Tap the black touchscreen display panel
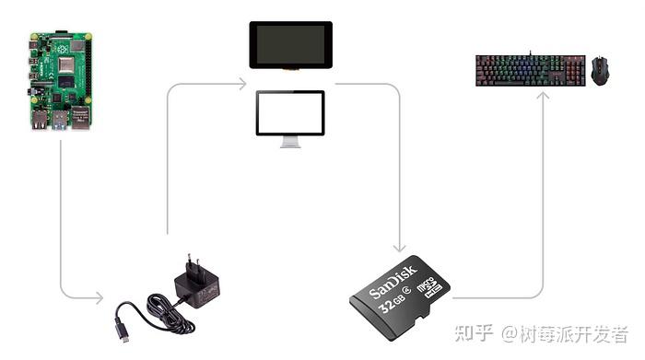(x=290, y=44)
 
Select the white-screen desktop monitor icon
(x=290, y=113)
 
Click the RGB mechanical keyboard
(x=530, y=70)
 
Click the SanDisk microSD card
(x=401, y=294)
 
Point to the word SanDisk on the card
(x=393, y=282)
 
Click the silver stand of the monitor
(x=290, y=143)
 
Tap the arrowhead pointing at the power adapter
(x=99, y=297)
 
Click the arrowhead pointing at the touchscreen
(x=241, y=85)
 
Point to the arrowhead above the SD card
(x=399, y=248)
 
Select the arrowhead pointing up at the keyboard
(x=543, y=94)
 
